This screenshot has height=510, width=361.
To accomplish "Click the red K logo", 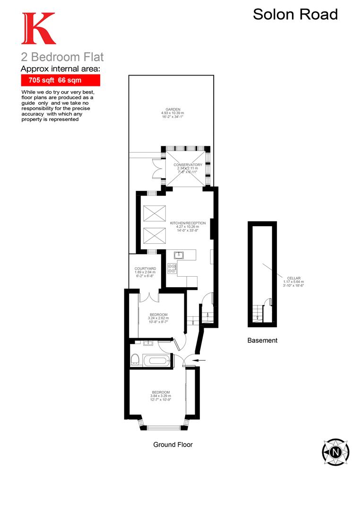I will point(38,29).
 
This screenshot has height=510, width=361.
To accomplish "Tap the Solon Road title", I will point(295,14).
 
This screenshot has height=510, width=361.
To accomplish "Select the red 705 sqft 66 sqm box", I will point(60,80).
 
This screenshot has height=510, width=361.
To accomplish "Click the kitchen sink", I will point(179,255).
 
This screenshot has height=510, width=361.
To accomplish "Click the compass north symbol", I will point(335,452).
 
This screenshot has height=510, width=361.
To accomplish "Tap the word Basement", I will point(262,340).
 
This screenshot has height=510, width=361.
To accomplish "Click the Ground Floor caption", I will point(173,444).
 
